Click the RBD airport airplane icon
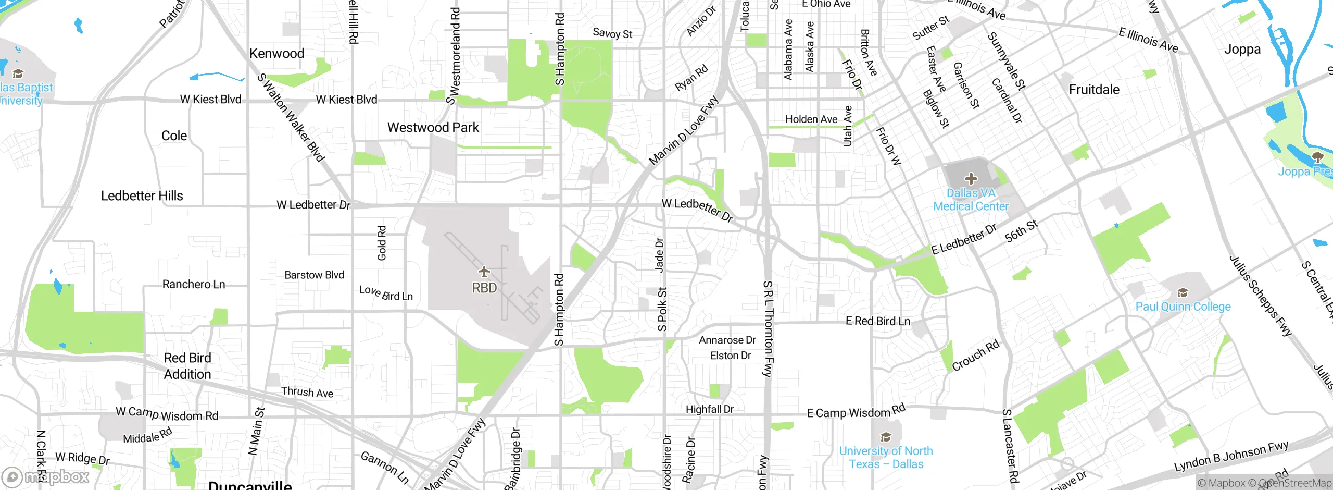(x=484, y=272)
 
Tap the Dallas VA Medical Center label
(x=971, y=200)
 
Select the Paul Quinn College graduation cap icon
(x=1183, y=292)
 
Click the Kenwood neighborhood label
(x=276, y=53)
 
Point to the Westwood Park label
(x=433, y=128)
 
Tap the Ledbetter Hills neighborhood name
(x=142, y=196)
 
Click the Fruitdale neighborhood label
(x=1094, y=90)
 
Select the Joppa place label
(x=1242, y=50)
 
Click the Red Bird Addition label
(x=187, y=366)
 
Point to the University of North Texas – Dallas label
(x=886, y=458)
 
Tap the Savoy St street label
(x=612, y=33)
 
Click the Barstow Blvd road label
(x=314, y=275)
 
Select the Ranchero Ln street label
(x=193, y=284)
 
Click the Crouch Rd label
(x=975, y=355)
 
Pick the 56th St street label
(x=1021, y=231)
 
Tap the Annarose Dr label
(x=727, y=340)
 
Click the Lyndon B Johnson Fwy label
(x=1231, y=457)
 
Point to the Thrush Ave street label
(x=307, y=392)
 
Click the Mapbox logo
(x=46, y=476)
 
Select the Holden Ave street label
(x=811, y=119)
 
